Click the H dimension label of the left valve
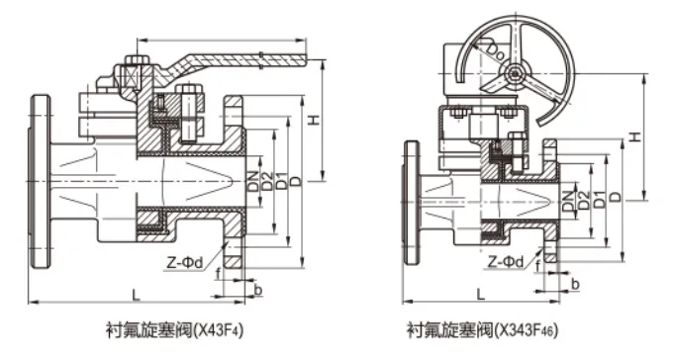314,120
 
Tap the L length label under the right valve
479,294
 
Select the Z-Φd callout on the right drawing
505,261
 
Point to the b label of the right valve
576,285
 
